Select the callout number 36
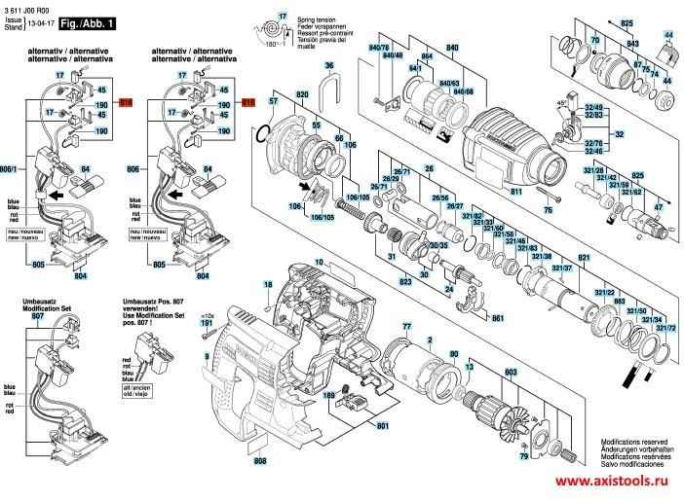coord(329,65)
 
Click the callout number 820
coord(302,93)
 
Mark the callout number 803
coord(510,373)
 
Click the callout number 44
coord(668,34)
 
